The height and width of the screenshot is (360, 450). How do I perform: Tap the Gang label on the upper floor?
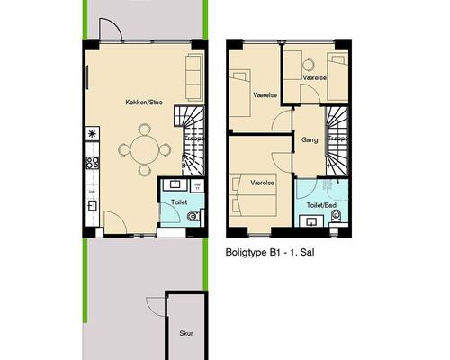310,140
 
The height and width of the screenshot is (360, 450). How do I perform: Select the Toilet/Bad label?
321,205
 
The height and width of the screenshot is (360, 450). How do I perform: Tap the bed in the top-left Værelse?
241,91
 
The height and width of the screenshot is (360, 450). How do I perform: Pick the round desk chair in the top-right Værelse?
307,64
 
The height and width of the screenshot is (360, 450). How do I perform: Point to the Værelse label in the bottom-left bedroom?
263,182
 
